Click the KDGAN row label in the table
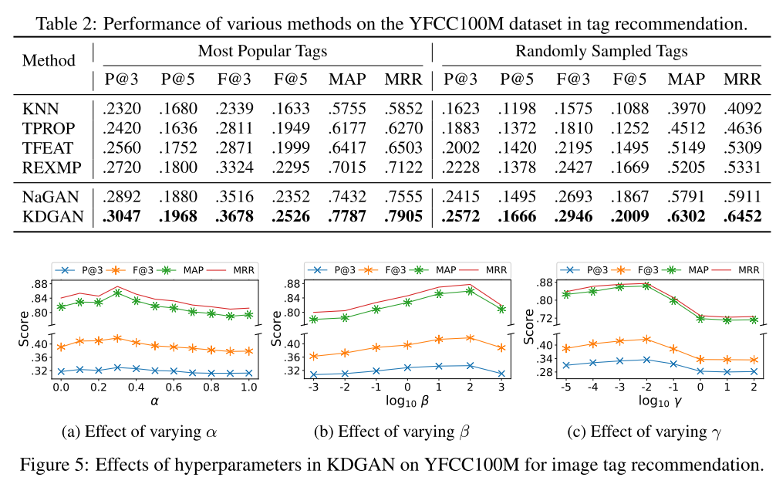pyautogui.click(x=52, y=217)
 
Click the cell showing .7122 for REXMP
pyautogui.click(x=403, y=167)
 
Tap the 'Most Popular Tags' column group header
pyautogui.click(x=261, y=52)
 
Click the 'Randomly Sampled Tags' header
pyautogui.click(x=601, y=52)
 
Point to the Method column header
pyautogui.click(x=49, y=60)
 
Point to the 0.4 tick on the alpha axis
pyautogui.click(x=136, y=385)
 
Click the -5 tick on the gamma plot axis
pyautogui.click(x=565, y=385)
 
